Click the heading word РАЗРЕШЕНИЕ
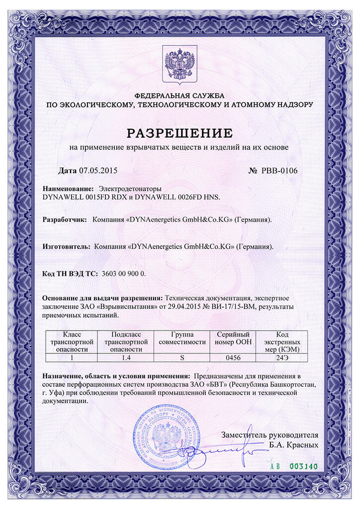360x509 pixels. click(x=180, y=133)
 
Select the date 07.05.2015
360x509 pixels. click(x=97, y=170)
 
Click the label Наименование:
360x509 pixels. click(x=68, y=189)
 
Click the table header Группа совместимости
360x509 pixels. click(x=181, y=338)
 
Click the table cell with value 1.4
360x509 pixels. click(x=126, y=357)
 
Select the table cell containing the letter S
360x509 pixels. click(x=181, y=357)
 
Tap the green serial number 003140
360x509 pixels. click(x=303, y=467)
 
